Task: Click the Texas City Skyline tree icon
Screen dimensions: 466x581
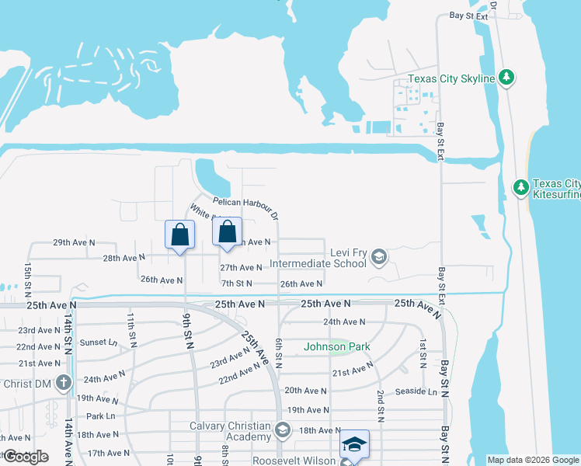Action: [x=506, y=77]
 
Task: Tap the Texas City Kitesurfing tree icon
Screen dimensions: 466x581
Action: [x=521, y=186]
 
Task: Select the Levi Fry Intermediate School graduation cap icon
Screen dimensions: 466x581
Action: [x=378, y=256]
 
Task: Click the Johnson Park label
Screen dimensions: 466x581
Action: [x=336, y=346]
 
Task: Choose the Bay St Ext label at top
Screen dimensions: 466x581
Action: [x=471, y=16]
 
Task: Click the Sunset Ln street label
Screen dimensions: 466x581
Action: [x=98, y=342]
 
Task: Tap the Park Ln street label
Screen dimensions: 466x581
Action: [x=100, y=416]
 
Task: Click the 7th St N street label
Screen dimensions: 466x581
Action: [x=236, y=284]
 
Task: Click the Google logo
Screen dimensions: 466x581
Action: [x=26, y=457]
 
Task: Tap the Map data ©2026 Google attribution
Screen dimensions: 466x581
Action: [x=533, y=460]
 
